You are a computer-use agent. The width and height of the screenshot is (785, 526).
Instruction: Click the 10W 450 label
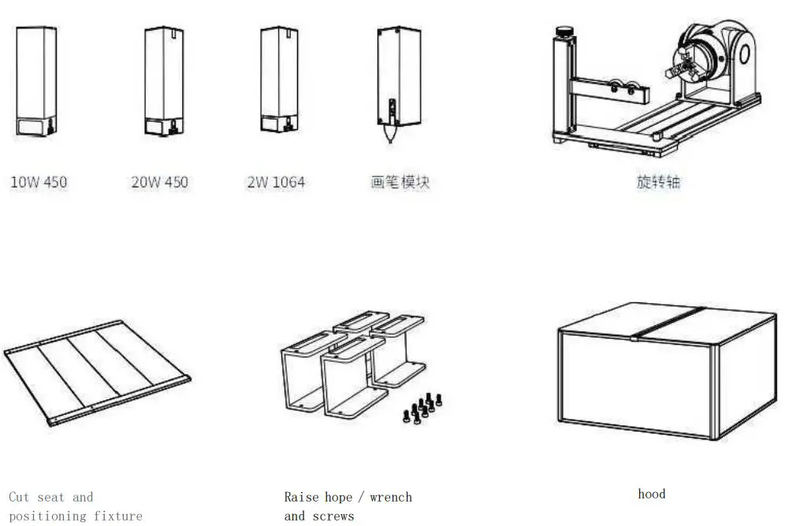coord(39,182)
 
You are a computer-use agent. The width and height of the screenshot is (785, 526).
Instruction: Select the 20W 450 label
coord(159,182)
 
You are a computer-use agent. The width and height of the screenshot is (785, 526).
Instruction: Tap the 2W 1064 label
coord(275,182)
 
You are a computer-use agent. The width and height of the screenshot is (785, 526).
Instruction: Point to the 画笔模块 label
coord(400,182)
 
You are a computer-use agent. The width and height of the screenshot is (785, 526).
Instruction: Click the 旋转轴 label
coord(658,182)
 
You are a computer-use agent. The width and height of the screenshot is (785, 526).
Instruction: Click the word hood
coord(651,494)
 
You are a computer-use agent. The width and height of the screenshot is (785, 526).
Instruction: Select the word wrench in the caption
coord(390,497)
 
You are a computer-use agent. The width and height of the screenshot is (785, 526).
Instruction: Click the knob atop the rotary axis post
coord(565,32)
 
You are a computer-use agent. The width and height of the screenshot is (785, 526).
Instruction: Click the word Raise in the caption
coord(302,497)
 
